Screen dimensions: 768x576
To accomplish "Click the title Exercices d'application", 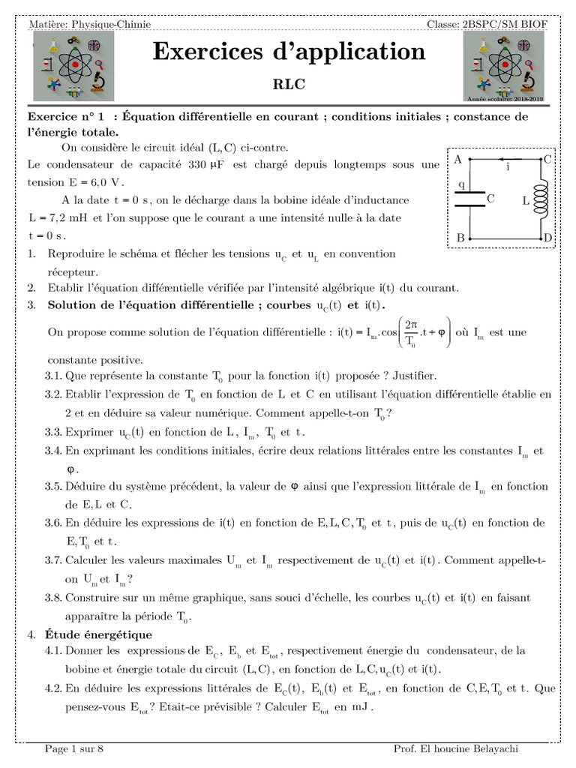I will click(x=289, y=52).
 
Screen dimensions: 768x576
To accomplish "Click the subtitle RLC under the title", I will click(x=289, y=85).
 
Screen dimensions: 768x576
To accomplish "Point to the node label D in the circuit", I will click(x=547, y=238).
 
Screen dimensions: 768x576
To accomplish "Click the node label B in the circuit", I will click(x=460, y=238).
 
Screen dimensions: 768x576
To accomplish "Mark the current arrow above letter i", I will click(x=507, y=159).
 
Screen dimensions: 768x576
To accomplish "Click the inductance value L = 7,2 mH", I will click(x=59, y=218).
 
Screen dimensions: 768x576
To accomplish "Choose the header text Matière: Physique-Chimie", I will click(x=89, y=25).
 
